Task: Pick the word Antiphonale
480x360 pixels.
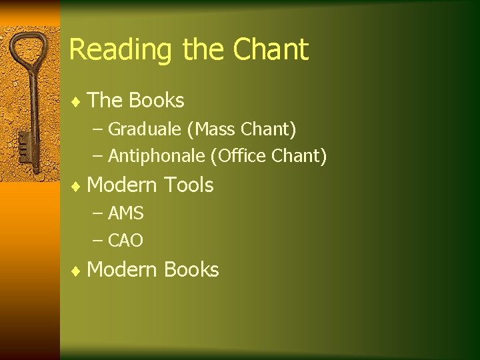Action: tap(157, 156)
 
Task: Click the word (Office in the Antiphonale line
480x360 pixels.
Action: tap(239, 156)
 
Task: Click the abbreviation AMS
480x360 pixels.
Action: tap(126, 213)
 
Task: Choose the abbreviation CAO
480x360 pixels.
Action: tap(126, 241)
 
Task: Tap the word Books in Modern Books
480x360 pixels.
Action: tap(191, 269)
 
